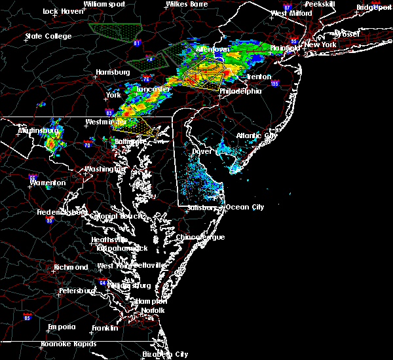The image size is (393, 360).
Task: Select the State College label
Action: pyautogui.click(x=48, y=36)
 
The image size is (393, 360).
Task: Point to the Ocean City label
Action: pyautogui.click(x=245, y=207)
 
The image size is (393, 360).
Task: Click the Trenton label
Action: pyautogui.click(x=259, y=77)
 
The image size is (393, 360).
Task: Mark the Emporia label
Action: pyautogui.click(x=61, y=327)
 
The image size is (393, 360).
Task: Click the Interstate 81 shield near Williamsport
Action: pyautogui.click(x=137, y=43)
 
